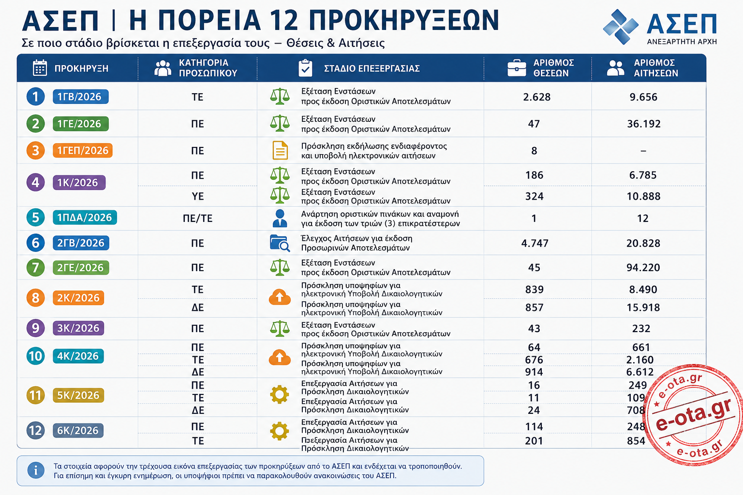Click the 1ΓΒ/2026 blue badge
pyautogui.click(x=81, y=97)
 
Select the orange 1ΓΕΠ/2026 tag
pyautogui.click(x=83, y=150)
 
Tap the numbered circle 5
pyautogui.click(x=35, y=218)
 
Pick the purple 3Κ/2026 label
pyautogui.click(x=78, y=328)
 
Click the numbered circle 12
pyautogui.click(x=35, y=430)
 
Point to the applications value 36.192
pyautogui.click(x=643, y=124)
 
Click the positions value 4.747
pyautogui.click(x=535, y=243)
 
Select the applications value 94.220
pyautogui.click(x=643, y=267)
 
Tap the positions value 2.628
pyautogui.click(x=536, y=97)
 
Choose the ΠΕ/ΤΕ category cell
pyautogui.click(x=197, y=218)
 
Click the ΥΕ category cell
pyautogui.click(x=198, y=196)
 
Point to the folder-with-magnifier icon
pyautogui.click(x=280, y=243)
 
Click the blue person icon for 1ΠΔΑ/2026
pyautogui.click(x=280, y=218)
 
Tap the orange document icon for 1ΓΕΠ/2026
pyautogui.click(x=280, y=150)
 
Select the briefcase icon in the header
pyautogui.click(x=517, y=68)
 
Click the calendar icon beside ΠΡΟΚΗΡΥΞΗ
pyautogui.click(x=40, y=68)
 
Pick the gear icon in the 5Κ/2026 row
pyautogui.click(x=279, y=394)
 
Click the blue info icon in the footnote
pyautogui.click(x=35, y=470)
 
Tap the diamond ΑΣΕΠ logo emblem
pyautogui.click(x=621, y=27)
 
